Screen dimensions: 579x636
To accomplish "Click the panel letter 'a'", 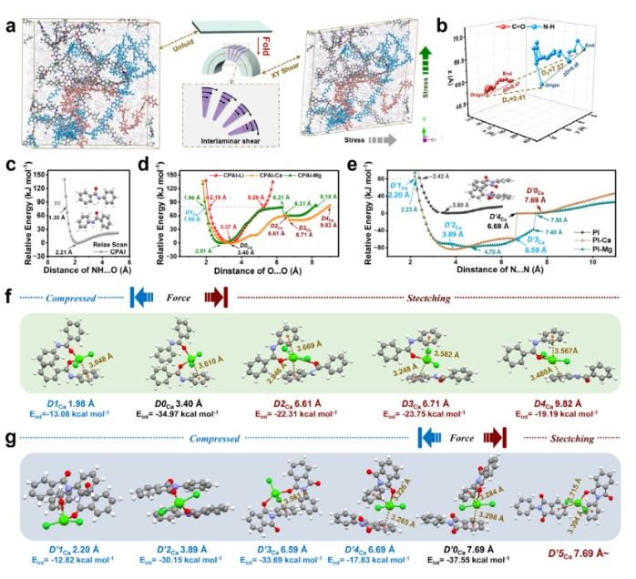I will point(7,11).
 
